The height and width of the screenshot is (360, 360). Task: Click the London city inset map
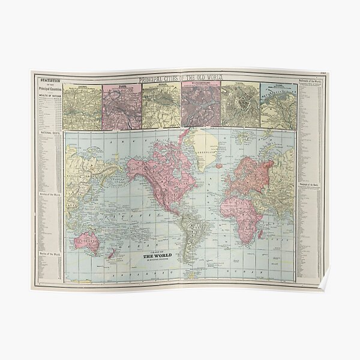[x=83, y=107]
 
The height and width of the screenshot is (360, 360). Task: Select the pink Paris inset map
[x=122, y=107]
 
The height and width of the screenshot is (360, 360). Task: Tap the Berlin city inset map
[x=161, y=107]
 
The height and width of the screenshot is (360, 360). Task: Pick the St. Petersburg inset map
[x=201, y=107]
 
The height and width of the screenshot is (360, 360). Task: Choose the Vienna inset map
[x=240, y=107]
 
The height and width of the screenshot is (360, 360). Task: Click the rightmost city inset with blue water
[x=278, y=107]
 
